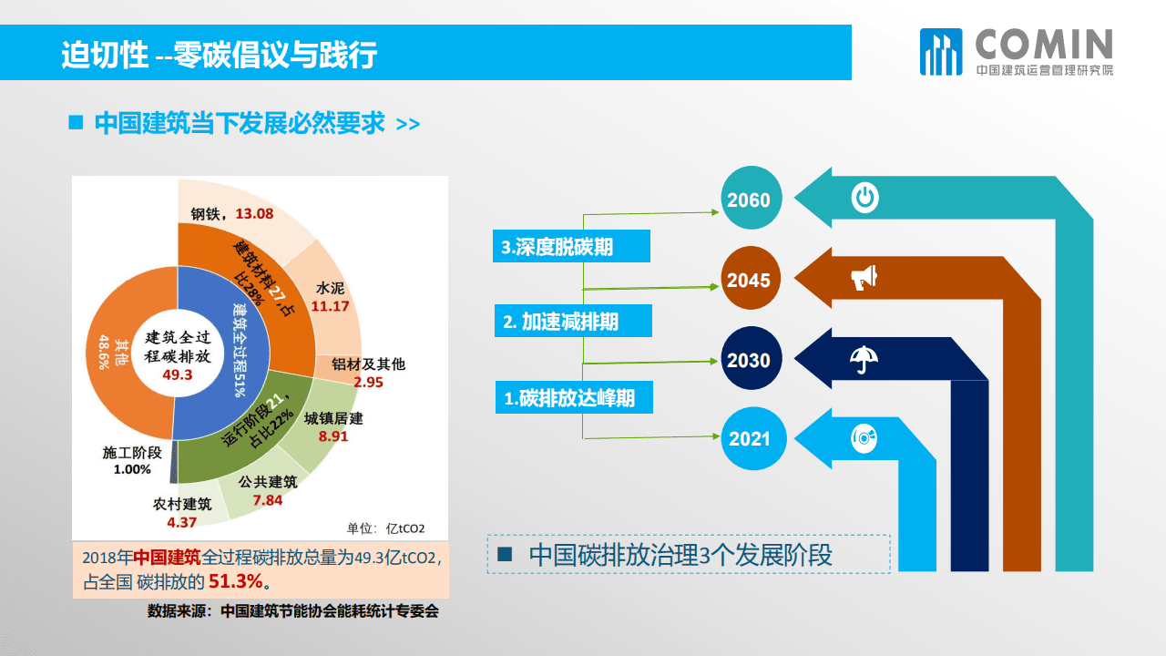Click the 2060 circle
749,200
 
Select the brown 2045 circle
749,280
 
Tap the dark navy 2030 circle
749,360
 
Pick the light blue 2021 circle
749,439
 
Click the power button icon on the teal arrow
864,198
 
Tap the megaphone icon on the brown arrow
864,278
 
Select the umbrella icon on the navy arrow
863,359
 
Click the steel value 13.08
254,215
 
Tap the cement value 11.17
330,306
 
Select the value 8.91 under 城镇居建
333,436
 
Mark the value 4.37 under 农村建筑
182,522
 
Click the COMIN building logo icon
940,52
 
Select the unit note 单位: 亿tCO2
385,528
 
